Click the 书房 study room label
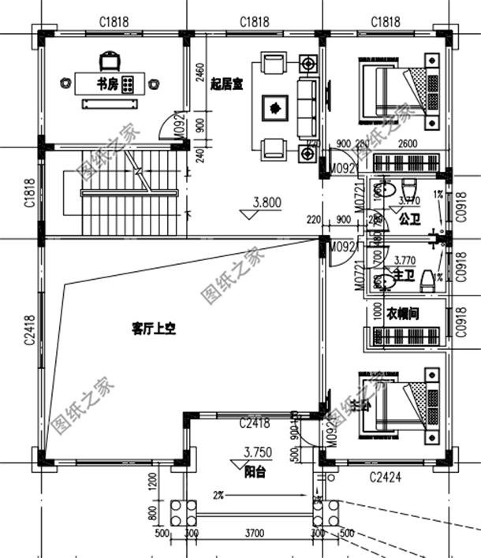click(108, 84)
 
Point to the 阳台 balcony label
click(254, 473)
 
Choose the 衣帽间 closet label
click(402, 313)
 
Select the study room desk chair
click(109, 61)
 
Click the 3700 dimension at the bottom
click(254, 534)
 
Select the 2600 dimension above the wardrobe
click(408, 143)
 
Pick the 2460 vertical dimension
click(199, 73)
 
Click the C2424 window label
click(386, 477)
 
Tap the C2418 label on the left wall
click(29, 329)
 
